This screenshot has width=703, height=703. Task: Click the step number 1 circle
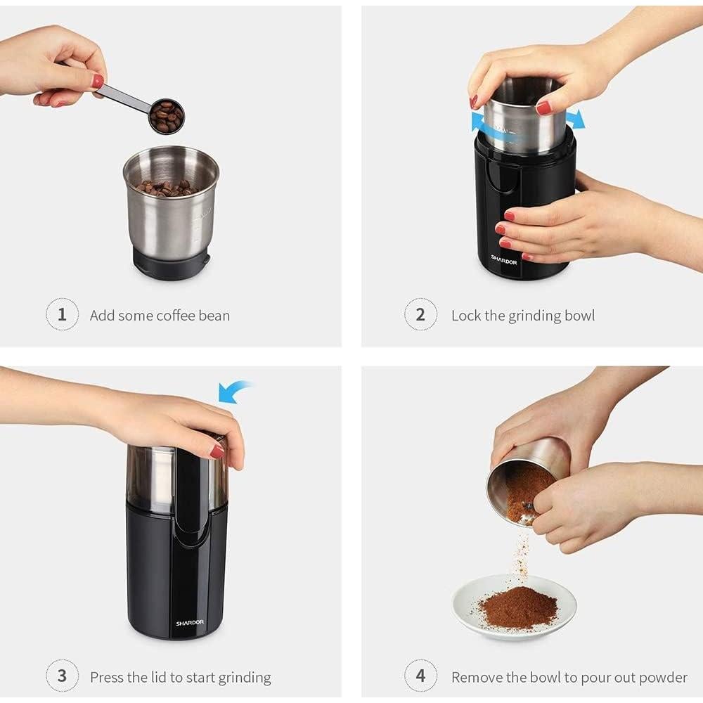pyautogui.click(x=62, y=314)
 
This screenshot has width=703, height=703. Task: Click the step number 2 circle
pyautogui.click(x=420, y=314)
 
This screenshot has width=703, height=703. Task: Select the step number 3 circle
pyautogui.click(x=62, y=677)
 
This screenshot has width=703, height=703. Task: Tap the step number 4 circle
pyautogui.click(x=420, y=677)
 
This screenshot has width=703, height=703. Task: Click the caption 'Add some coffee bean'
pyautogui.click(x=160, y=316)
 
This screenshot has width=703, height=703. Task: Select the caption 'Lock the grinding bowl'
pyautogui.click(x=523, y=316)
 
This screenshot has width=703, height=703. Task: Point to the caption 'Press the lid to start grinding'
pyautogui.click(x=180, y=678)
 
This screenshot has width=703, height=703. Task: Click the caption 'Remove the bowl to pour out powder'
pyautogui.click(x=569, y=678)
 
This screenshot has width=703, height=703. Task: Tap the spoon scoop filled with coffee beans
pyautogui.click(x=167, y=116)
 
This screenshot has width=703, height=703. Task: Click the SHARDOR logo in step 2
pyautogui.click(x=503, y=259)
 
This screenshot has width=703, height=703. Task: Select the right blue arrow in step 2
pyautogui.click(x=575, y=118)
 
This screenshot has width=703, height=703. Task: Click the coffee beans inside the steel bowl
pyautogui.click(x=165, y=188)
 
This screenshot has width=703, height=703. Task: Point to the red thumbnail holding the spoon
pyautogui.click(x=97, y=81)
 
